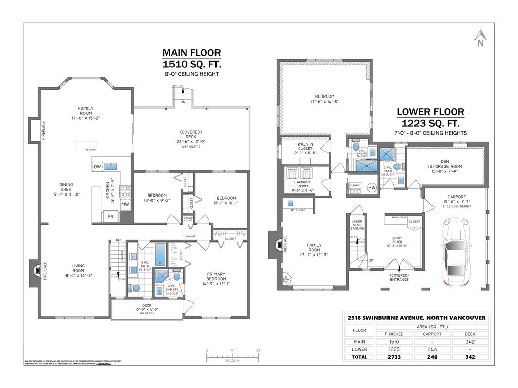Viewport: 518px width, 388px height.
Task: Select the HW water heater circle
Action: coord(372,188)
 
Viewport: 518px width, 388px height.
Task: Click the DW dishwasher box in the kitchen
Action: coord(97,167)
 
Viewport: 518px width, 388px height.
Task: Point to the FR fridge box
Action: coord(111,217)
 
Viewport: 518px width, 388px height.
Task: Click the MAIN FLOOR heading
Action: coord(191,53)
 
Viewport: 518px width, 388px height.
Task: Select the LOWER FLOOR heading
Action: coord(430,112)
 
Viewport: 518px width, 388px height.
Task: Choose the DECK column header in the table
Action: coord(470,334)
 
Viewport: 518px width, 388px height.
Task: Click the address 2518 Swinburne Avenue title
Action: coord(416,318)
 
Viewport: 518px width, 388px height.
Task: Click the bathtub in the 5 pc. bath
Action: coord(160,255)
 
